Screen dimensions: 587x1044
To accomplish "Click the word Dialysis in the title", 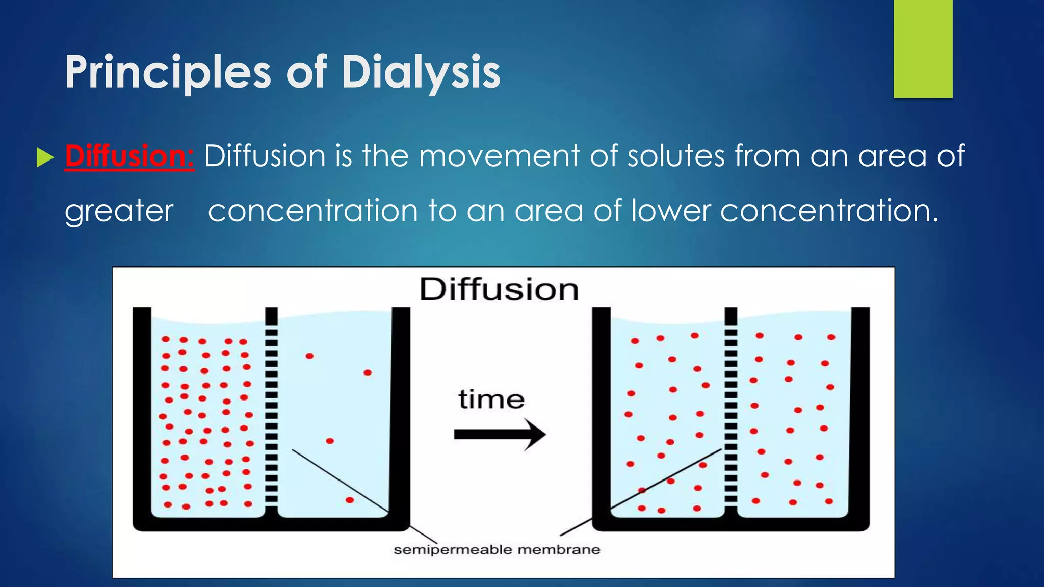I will point(421,72).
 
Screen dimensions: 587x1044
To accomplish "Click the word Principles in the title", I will point(168,72).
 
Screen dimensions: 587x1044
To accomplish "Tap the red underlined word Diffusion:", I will point(129,156).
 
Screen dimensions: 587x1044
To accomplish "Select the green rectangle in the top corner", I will point(923,48).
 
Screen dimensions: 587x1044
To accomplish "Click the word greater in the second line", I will point(119,211).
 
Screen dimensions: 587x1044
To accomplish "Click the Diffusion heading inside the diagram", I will point(499,289).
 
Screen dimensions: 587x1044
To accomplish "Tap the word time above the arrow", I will point(491,399).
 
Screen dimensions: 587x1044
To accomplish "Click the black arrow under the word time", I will point(500,435).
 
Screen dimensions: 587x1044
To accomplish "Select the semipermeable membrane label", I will point(497,550).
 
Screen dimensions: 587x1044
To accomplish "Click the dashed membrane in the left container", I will point(271,408).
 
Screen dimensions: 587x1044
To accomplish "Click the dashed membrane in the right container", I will point(731,408).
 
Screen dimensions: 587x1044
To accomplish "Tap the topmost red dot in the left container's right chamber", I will point(309,356).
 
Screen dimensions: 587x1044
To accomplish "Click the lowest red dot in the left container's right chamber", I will point(350,500).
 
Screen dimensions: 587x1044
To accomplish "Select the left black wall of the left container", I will point(142,413).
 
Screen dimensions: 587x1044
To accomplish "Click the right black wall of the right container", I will point(860,413).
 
